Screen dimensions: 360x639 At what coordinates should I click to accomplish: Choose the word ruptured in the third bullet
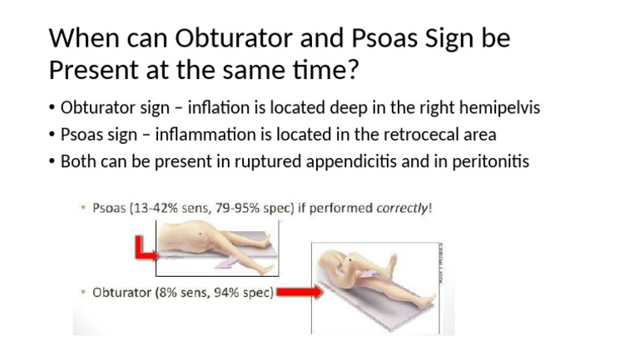click(275, 161)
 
